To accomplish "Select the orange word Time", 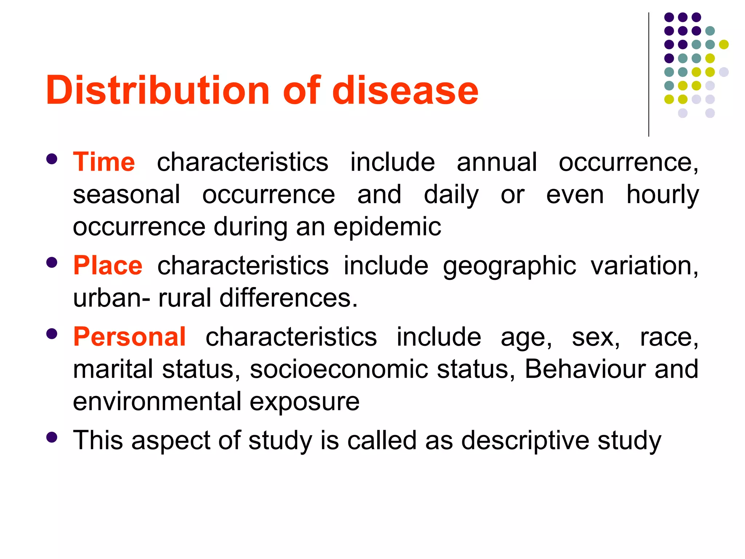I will click(104, 162).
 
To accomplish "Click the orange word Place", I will click(108, 265).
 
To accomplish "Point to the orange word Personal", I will click(130, 337).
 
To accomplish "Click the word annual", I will click(497, 162).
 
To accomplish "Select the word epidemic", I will click(387, 227).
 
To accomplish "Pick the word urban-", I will click(111, 298).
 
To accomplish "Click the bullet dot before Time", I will click(52, 159).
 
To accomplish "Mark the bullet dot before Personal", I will click(52, 334).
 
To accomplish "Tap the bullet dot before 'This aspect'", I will click(52, 437).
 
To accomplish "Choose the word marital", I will click(113, 369).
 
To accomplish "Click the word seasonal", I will click(126, 194).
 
